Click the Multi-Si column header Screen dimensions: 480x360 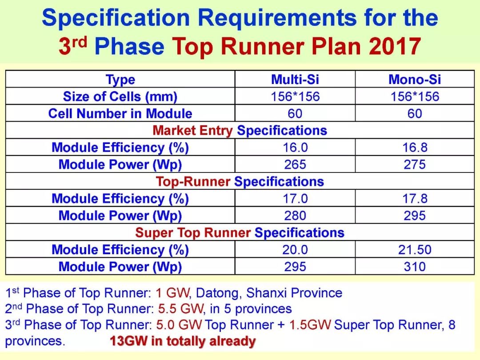[x=295, y=80]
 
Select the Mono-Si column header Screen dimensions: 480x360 [x=415, y=80]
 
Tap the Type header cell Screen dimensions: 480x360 [x=120, y=80]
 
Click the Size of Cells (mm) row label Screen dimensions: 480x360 [x=120, y=97]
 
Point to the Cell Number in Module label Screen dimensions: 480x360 [x=120, y=114]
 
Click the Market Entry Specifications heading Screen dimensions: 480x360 [x=240, y=130]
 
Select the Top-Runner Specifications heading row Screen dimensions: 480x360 [x=240, y=181]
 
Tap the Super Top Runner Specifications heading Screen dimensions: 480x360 [x=240, y=232]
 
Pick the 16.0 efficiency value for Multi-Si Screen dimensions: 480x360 [x=295, y=148]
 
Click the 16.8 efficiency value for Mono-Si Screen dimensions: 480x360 [x=415, y=148]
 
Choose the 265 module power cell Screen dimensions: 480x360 [x=295, y=165]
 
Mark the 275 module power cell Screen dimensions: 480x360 [x=415, y=165]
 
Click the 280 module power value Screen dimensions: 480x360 [x=295, y=216]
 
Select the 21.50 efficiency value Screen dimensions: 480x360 [x=415, y=250]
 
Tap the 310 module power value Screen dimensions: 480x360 [x=415, y=267]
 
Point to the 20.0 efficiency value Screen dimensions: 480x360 [x=295, y=250]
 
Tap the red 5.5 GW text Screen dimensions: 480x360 [x=180, y=309]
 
